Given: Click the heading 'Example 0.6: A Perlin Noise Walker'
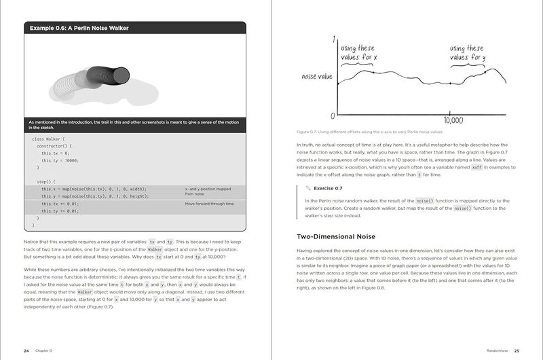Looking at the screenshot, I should [79, 28].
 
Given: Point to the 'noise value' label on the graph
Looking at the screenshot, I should [317, 77].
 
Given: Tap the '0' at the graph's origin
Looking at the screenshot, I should [332, 116].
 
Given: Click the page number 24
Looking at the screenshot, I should [26, 350].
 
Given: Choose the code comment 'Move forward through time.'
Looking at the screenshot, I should [209, 203].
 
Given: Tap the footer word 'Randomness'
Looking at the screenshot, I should [491, 350].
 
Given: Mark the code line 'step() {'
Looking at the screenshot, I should [47, 181].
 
